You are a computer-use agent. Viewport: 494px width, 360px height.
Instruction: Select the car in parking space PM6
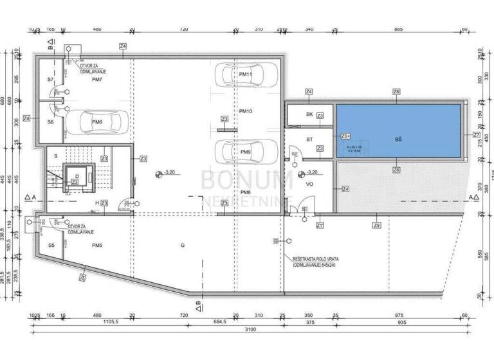(x=96, y=122)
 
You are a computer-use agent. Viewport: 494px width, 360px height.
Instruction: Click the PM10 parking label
(x=245, y=111)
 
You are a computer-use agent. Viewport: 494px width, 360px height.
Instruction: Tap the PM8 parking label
(x=245, y=192)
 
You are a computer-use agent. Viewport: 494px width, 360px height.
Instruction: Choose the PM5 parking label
(x=97, y=246)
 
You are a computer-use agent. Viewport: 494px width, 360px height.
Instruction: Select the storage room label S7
(x=50, y=79)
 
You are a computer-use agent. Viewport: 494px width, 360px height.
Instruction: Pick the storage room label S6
(x=50, y=122)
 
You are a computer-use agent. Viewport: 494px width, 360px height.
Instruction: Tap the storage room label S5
(x=51, y=246)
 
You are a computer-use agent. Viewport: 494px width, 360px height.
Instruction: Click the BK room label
(x=309, y=114)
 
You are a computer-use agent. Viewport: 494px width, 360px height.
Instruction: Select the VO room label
(x=309, y=184)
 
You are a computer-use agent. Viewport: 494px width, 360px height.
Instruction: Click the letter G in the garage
(x=183, y=246)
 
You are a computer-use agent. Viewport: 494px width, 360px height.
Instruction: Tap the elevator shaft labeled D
(x=77, y=175)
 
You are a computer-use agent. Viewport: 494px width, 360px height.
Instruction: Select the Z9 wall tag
(x=376, y=224)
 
